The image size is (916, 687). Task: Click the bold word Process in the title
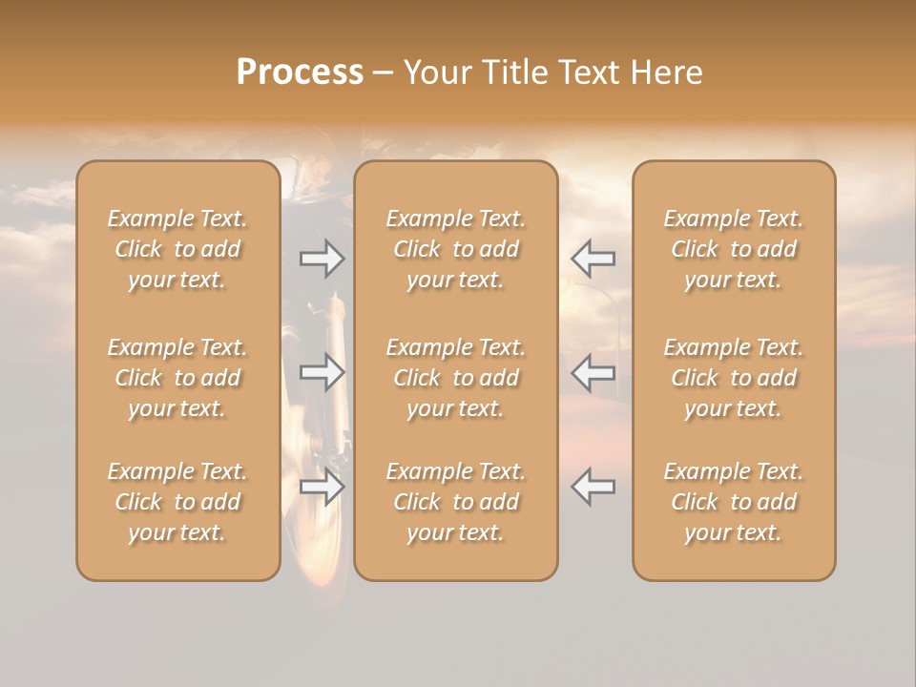coord(300,73)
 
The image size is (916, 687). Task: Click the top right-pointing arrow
coord(323,259)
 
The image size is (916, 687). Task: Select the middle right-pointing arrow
coord(323,372)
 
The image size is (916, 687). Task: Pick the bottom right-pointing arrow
coord(323,486)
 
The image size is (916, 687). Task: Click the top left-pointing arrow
coord(593,259)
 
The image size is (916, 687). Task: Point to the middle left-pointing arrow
coord(593,372)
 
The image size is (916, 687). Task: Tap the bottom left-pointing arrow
coord(593,486)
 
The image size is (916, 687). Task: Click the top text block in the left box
coord(177,249)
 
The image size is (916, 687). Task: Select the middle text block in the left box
coord(177,378)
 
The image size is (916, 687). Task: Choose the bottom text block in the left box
coord(177,502)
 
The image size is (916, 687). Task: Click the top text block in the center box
coord(455,249)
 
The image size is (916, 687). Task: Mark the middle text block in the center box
coord(455,378)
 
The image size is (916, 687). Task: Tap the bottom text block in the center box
coord(455,502)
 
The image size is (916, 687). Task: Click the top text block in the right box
coord(733,249)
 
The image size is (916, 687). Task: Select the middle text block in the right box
coord(733,378)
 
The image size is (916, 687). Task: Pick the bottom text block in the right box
coord(733,502)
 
